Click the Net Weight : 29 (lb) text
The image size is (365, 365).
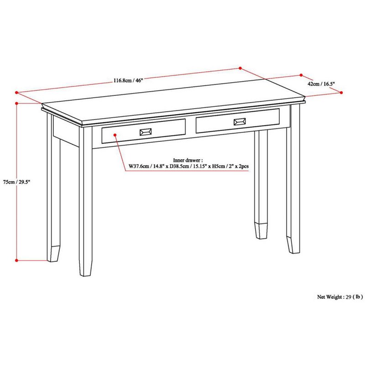point(340,297)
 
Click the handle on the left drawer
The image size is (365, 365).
point(146,131)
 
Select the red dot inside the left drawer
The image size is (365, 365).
point(115,135)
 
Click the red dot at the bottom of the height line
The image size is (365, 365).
point(17,261)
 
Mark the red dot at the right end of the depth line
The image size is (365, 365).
point(342,92)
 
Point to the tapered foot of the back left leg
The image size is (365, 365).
point(53,253)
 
